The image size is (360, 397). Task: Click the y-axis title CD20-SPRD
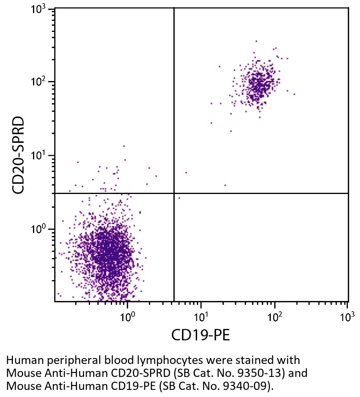(18, 155)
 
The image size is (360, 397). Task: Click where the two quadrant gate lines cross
(174, 193)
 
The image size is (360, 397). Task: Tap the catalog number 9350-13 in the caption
(250, 373)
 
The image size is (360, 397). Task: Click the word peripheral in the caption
(68, 361)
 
